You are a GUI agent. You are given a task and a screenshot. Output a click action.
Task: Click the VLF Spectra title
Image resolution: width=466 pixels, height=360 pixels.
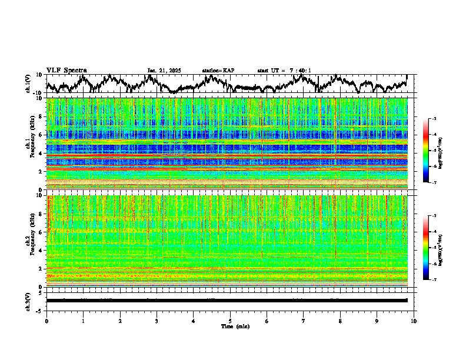tap(66, 70)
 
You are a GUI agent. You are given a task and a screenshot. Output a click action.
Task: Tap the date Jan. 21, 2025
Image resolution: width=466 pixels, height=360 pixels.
tap(164, 71)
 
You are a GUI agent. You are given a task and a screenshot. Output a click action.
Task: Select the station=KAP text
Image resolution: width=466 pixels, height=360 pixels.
tap(218, 71)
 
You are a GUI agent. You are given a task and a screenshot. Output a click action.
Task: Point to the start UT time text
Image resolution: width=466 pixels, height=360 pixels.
tap(284, 71)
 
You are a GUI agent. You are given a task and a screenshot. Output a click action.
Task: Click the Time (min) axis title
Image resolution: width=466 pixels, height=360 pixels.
tap(235, 326)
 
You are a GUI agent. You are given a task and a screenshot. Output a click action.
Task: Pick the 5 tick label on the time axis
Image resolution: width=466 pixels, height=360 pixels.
tap(230, 321)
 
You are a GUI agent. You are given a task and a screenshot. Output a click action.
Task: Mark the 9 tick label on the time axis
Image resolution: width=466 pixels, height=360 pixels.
tap(377, 321)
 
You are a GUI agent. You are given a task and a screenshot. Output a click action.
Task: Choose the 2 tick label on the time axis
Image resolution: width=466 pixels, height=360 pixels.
tap(120, 321)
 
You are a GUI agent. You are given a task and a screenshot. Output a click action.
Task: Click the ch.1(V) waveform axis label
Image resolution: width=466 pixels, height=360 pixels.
tap(28, 84)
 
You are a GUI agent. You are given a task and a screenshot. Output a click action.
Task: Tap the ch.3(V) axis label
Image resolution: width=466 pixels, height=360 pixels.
tap(28, 300)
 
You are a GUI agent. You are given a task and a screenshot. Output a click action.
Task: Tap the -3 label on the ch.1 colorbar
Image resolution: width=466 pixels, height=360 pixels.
tap(434, 119)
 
